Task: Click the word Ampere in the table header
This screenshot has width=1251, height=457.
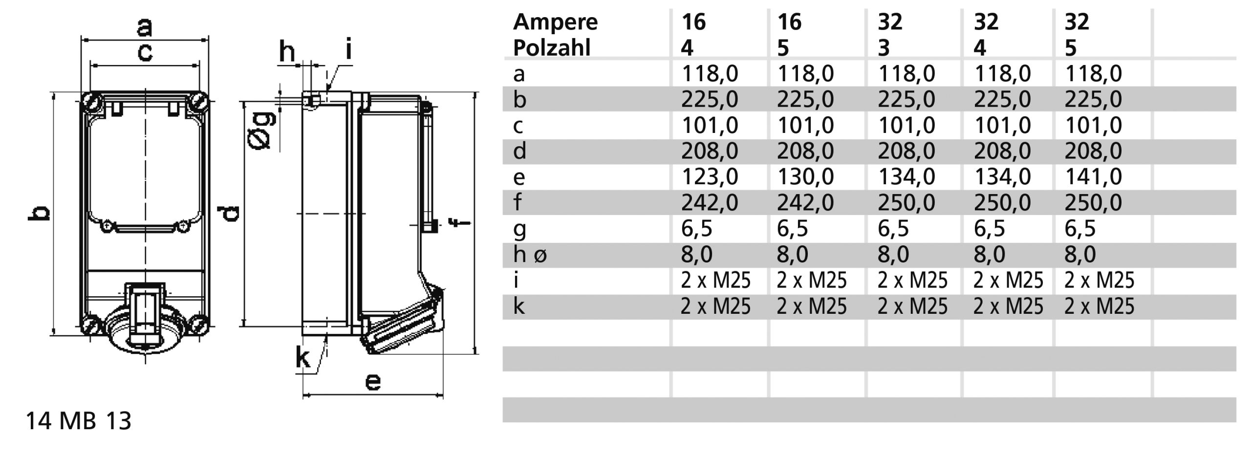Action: point(555,22)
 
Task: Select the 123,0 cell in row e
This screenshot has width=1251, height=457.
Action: point(709,176)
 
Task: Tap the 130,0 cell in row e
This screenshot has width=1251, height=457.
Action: point(805,176)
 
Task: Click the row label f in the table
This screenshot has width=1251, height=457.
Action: point(518,202)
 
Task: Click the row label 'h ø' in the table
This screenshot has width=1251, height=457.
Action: point(530,255)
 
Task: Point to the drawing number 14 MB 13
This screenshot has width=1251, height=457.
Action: point(78,421)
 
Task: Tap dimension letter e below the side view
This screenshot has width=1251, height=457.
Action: point(373,382)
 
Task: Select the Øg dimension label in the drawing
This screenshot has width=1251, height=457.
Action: point(261,130)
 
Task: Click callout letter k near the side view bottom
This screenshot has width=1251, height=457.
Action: point(303,358)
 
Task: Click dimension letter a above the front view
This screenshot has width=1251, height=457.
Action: point(144,27)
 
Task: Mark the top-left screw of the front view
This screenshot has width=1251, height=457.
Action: point(92,102)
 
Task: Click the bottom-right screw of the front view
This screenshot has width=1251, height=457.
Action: point(199,323)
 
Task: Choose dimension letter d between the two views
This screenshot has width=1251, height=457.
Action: point(229,214)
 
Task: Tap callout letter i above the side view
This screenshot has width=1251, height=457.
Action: point(348,50)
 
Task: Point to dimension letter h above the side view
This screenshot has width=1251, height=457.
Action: point(287,52)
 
